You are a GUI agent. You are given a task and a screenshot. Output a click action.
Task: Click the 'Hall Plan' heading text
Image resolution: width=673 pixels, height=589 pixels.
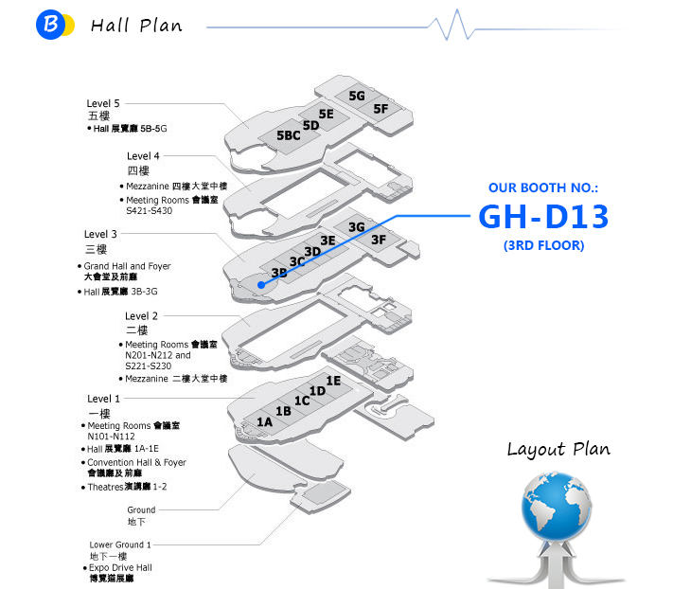[x=136, y=25]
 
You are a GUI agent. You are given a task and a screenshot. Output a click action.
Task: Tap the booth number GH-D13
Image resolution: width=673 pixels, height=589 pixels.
[x=543, y=217]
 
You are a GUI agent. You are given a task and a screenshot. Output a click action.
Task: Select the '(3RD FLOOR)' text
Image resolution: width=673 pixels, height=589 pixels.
[x=543, y=246]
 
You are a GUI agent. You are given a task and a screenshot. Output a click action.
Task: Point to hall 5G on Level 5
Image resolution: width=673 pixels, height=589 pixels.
[x=357, y=96]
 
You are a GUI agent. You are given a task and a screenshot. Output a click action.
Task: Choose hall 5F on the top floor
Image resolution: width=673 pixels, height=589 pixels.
[x=381, y=109]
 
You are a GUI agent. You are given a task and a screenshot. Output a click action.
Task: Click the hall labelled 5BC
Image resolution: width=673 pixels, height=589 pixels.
[x=288, y=136]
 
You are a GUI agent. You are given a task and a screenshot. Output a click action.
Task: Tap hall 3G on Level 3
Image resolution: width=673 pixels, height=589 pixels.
[x=356, y=227]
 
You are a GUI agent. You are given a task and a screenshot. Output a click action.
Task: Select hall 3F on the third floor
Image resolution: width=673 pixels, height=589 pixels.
[x=379, y=240]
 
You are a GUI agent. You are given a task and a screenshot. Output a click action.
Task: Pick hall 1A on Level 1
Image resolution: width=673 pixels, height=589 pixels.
[x=264, y=420]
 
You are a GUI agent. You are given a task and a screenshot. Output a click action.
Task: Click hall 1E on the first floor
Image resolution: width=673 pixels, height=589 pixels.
[x=333, y=381]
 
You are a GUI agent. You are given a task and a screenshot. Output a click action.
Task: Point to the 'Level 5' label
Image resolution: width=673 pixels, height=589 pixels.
[x=103, y=103]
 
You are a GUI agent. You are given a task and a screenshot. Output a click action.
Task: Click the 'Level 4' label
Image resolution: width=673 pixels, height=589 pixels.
[x=143, y=156]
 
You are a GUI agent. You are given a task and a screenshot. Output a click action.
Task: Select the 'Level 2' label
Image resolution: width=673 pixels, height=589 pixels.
[x=142, y=315]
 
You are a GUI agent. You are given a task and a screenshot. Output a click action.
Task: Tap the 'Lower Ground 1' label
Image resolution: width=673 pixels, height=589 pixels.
[x=120, y=544]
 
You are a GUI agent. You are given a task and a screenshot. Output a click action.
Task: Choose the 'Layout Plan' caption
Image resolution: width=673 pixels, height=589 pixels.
[x=558, y=450]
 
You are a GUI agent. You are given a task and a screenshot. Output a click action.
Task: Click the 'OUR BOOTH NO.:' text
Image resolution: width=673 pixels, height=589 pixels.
[x=543, y=188]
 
